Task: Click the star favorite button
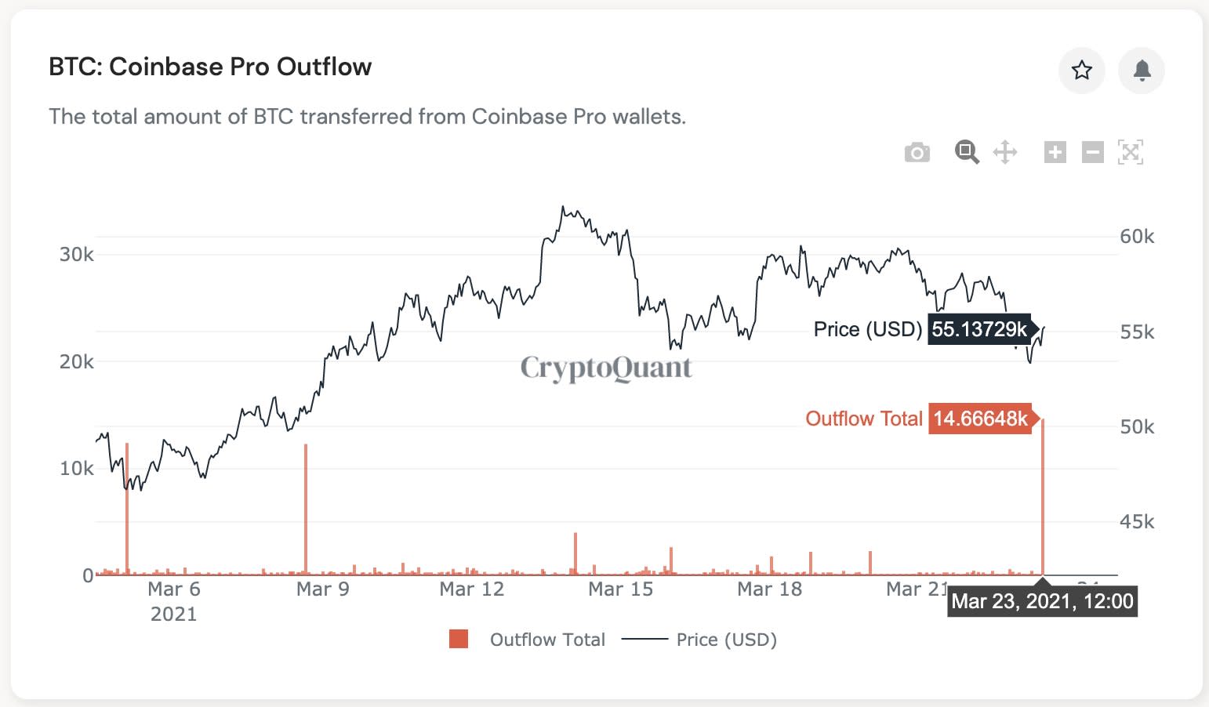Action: pos(1082,71)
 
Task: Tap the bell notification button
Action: pos(1142,71)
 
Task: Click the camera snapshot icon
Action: pos(917,152)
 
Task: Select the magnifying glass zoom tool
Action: pos(967,152)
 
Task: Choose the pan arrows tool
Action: pos(1005,152)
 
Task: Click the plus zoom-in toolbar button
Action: pos(1055,152)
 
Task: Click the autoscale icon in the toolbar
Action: pos(1131,152)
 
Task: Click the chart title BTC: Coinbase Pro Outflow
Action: pos(210,67)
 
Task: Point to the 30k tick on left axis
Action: pos(77,254)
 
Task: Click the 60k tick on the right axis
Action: pos(1137,236)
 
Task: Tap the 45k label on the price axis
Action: pos(1137,521)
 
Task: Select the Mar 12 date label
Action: pos(472,589)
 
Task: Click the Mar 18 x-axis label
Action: pos(770,589)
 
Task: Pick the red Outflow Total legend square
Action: pos(459,639)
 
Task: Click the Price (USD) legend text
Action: pos(726,640)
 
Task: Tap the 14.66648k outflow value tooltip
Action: pos(980,419)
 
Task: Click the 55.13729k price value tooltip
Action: pos(979,329)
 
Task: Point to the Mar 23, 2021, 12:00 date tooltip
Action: pos(1042,602)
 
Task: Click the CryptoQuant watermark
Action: pos(606,368)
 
